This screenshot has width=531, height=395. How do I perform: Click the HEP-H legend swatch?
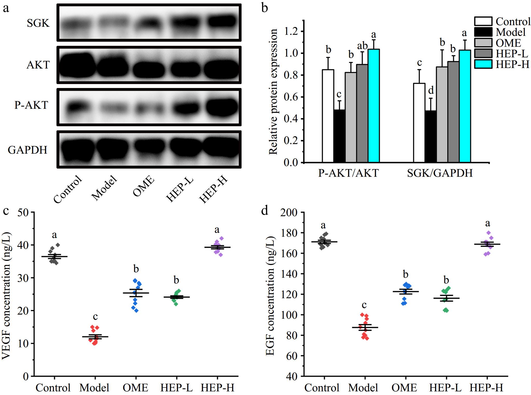point(483,64)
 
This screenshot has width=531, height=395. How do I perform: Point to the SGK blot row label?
point(38,23)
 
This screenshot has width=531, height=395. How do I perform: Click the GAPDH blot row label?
point(27,150)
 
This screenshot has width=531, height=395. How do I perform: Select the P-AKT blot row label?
point(31,105)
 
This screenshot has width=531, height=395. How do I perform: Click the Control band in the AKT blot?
point(77,65)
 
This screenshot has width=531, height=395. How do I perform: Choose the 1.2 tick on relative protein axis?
point(292,32)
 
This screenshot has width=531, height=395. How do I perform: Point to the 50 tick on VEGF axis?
point(23,213)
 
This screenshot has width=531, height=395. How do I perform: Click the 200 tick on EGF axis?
point(289,213)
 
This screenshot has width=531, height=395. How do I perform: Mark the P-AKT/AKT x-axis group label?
point(348,173)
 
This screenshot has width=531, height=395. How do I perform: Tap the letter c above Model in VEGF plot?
point(95,317)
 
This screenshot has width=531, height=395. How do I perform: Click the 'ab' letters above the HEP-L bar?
point(362,46)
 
